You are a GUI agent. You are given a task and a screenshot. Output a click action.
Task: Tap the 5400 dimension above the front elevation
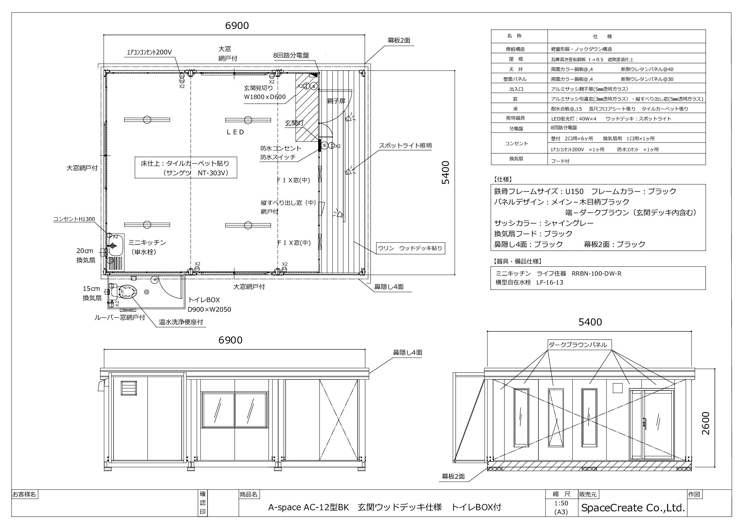click(x=590, y=322)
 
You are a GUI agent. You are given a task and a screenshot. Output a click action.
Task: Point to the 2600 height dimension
click(x=705, y=423)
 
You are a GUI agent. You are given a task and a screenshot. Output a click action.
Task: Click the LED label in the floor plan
click(x=235, y=132)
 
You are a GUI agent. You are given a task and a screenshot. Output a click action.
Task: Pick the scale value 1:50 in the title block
click(x=561, y=503)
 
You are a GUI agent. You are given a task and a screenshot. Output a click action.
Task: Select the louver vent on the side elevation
click(x=126, y=388)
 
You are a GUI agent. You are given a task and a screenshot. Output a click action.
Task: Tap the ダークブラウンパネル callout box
click(x=580, y=345)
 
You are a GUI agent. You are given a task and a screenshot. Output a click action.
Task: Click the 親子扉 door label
click(x=336, y=101)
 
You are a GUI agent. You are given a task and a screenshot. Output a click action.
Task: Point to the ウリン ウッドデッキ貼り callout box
click(x=410, y=248)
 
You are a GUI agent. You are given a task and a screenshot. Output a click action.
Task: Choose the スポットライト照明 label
click(x=405, y=146)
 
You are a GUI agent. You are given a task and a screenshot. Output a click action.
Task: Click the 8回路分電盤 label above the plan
click(x=291, y=55)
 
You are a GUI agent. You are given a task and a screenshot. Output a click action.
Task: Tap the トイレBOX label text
click(x=204, y=300)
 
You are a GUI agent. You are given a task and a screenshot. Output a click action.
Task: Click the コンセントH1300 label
click(x=74, y=219)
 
